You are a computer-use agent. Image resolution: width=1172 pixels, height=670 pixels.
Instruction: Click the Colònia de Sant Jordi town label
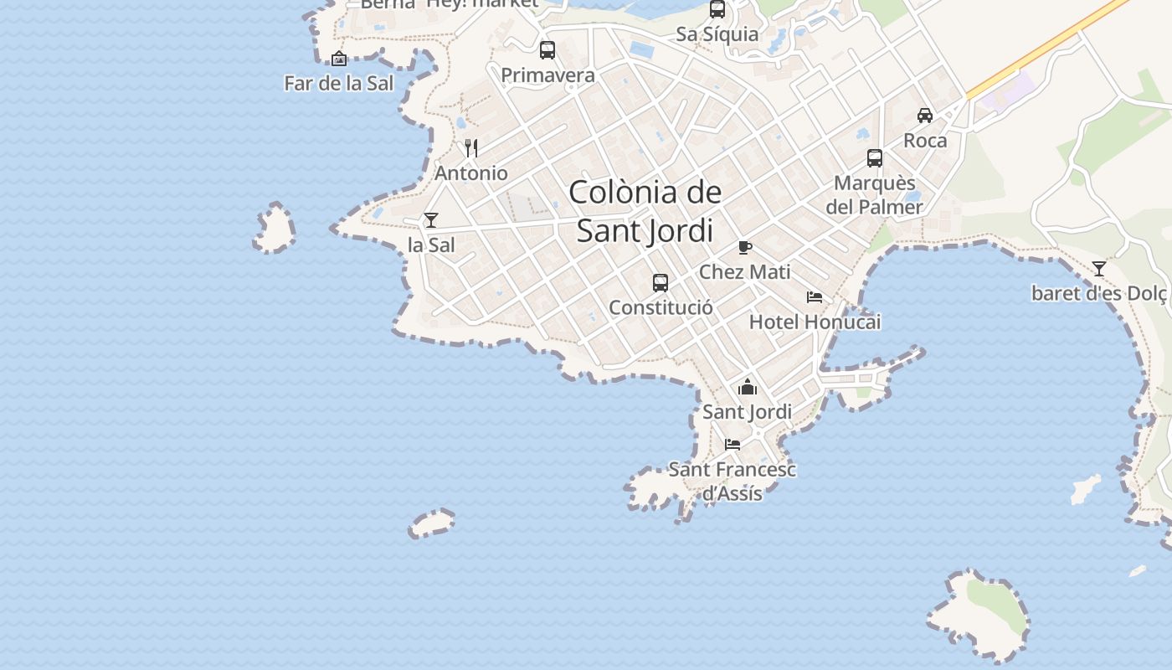click(645, 211)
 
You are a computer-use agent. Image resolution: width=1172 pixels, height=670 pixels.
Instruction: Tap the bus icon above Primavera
click(547, 50)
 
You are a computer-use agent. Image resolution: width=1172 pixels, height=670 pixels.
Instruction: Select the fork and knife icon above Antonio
click(471, 148)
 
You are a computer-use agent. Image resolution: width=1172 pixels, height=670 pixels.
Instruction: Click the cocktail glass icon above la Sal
click(431, 220)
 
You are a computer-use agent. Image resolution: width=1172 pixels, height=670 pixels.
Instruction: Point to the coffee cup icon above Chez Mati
click(744, 247)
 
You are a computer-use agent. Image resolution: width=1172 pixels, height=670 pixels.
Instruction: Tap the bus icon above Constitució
click(661, 283)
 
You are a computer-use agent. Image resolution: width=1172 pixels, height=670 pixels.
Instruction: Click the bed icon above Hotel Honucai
click(815, 296)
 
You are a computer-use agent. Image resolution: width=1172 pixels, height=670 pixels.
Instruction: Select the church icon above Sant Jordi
click(748, 387)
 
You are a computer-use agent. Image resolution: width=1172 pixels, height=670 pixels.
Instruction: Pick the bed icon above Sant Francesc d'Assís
click(732, 444)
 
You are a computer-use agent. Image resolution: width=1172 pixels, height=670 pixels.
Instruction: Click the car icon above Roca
click(925, 116)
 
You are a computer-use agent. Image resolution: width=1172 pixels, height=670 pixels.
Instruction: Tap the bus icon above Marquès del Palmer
click(875, 157)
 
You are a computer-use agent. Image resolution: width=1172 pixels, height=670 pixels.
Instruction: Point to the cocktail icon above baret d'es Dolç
click(1099, 269)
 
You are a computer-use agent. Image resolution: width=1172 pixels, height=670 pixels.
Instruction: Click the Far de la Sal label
click(338, 83)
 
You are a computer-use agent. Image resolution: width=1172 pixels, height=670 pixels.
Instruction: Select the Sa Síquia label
click(717, 34)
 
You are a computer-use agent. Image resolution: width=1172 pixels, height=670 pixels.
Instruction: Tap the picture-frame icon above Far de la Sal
click(339, 59)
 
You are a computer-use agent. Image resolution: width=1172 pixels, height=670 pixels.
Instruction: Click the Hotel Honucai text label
click(815, 322)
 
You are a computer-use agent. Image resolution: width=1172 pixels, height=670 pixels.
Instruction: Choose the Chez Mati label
click(744, 271)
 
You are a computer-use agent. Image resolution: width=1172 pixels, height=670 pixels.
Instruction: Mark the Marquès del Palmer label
click(875, 194)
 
